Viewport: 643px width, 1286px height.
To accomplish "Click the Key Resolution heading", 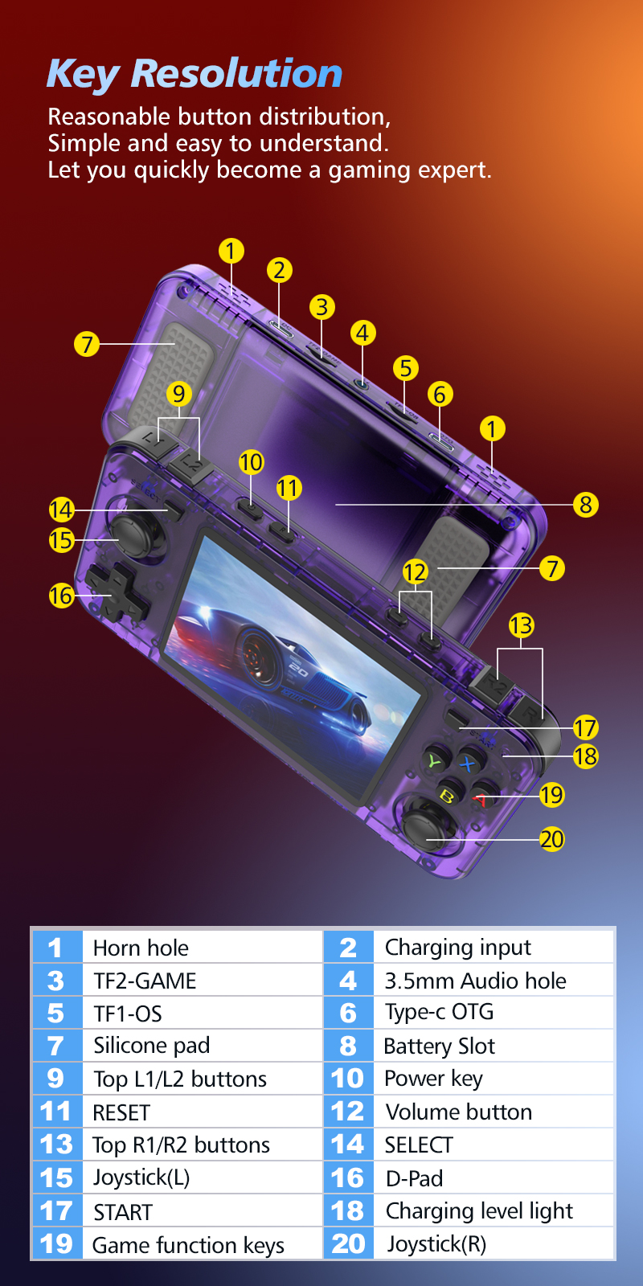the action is coord(194,73).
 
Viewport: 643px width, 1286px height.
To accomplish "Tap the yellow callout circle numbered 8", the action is coord(586,506).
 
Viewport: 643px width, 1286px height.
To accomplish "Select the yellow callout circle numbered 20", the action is coord(551,839).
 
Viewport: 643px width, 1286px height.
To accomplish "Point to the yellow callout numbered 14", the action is coord(61,510).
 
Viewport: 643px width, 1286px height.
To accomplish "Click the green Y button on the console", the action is coord(435,762).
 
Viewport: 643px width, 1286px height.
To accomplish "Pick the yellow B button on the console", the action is coord(448,795).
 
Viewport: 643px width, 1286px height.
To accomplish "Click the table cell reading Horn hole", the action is coord(202,948).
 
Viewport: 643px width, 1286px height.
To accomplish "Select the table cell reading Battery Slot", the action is coord(494,1046).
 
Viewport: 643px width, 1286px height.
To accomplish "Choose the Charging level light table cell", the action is coord(494,1210).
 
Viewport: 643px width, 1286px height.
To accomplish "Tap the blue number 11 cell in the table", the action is coord(56,1112).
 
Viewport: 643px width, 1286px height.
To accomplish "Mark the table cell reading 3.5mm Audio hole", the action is coord(494,980).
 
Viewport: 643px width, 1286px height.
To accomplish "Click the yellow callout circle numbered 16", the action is coord(61,596).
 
